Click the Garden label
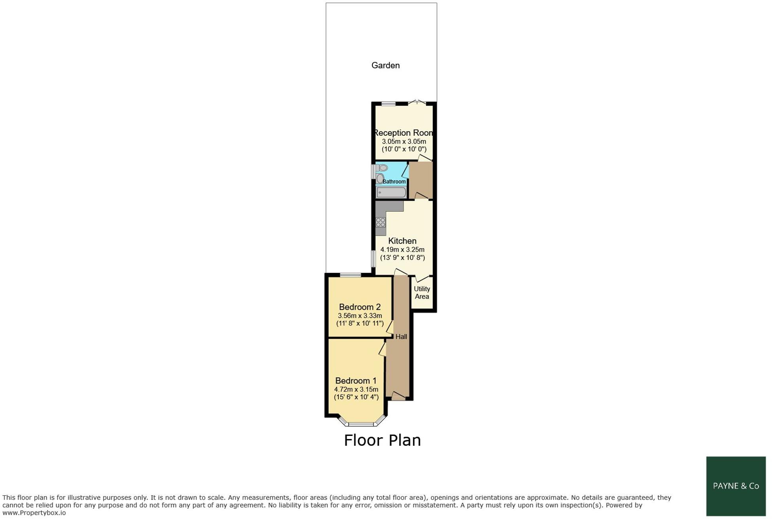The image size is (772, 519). tap(385, 65)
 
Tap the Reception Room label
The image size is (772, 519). tap(404, 133)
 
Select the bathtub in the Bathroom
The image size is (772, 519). tap(391, 192)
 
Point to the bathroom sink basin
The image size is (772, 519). tap(380, 179)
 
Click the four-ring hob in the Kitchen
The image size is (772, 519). tap(381, 222)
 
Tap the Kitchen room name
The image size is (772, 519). tap(402, 241)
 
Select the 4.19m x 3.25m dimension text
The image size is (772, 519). tap(402, 250)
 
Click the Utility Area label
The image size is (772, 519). tap(422, 293)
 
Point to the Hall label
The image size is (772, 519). tap(401, 337)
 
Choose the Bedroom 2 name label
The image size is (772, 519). tap(360, 307)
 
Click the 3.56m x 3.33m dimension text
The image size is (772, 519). tap(360, 316)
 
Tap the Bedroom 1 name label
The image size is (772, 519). tap(356, 381)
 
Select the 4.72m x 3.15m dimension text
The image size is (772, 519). tap(356, 389)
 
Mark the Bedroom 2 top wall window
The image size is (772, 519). tap(350, 275)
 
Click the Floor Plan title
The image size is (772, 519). tap(382, 440)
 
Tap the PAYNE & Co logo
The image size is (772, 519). tap(736, 486)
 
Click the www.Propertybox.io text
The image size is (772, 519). tap(34, 513)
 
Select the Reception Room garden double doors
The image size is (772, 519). tap(417, 103)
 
